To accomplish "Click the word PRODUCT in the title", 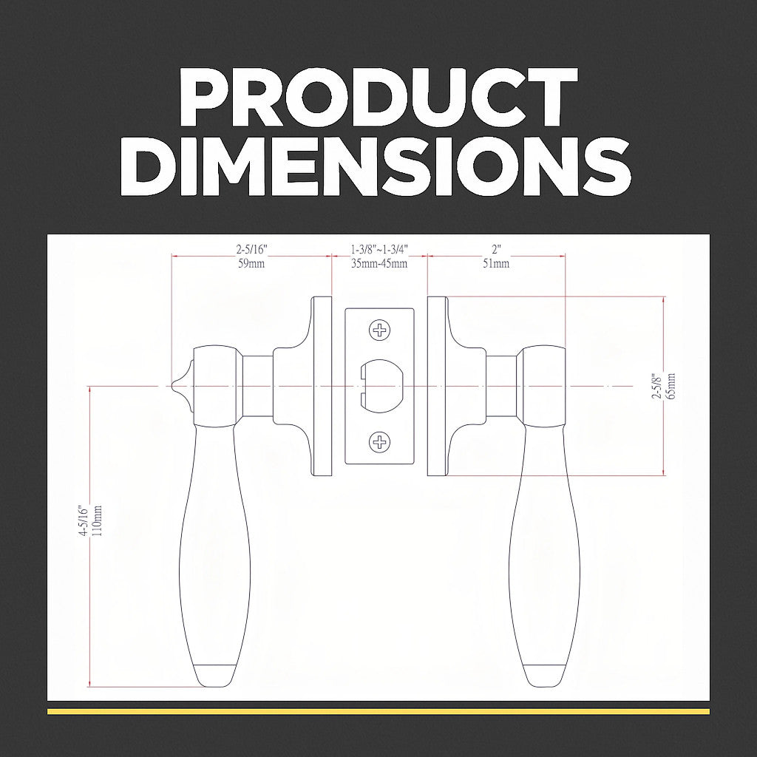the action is (x=378, y=97).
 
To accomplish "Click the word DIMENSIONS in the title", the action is (x=376, y=166).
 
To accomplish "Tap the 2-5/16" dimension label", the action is (x=251, y=250).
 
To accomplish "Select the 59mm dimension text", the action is (x=251, y=264).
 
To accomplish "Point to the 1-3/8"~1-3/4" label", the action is (x=379, y=250).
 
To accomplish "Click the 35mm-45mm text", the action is (x=379, y=264).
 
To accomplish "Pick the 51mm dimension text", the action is (x=496, y=264).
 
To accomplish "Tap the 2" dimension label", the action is (x=497, y=250).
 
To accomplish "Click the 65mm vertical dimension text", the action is (x=671, y=386).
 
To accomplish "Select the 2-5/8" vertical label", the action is (x=656, y=386).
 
